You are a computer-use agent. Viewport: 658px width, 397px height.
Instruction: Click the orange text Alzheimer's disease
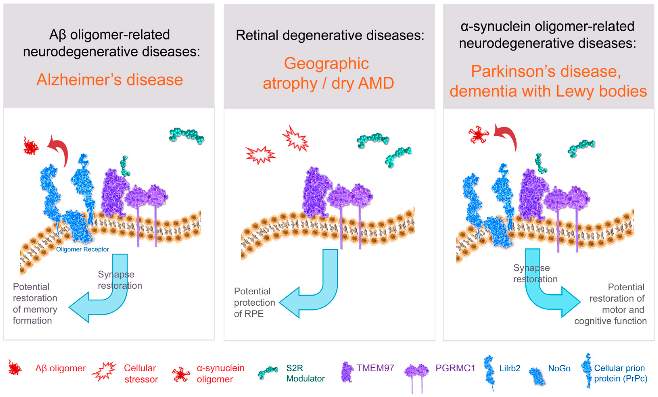pyautogui.click(x=110, y=80)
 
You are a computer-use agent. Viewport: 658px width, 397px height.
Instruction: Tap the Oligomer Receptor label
pyautogui.click(x=82, y=249)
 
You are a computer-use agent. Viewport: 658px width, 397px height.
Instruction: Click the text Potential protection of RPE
pyautogui.click(x=254, y=302)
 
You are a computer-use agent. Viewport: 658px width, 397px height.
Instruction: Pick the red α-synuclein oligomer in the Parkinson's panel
pyautogui.click(x=478, y=135)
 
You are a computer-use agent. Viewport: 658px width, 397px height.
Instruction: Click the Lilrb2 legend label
pyautogui.click(x=510, y=368)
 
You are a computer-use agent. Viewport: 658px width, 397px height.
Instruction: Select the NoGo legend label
pyautogui.click(x=559, y=368)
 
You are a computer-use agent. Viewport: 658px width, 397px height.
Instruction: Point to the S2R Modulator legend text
pyautogui.click(x=305, y=373)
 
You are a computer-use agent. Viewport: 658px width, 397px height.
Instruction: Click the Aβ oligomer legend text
pyautogui.click(x=60, y=368)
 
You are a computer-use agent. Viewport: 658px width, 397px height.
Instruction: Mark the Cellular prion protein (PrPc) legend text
pyautogui.click(x=620, y=373)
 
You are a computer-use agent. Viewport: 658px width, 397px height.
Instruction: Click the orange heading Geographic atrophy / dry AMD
pyautogui.click(x=328, y=73)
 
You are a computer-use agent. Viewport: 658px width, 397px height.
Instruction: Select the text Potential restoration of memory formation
pyautogui.click(x=35, y=304)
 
